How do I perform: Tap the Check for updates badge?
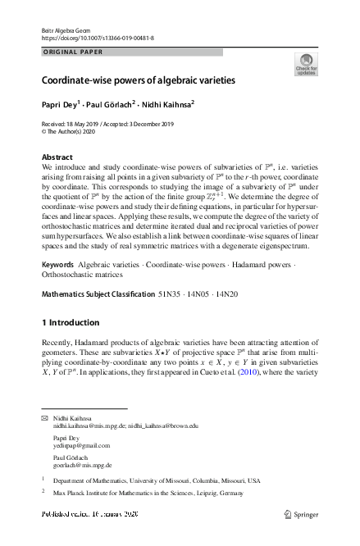click(305, 65)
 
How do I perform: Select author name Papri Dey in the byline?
click(59, 104)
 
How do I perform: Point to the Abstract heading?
click(58, 156)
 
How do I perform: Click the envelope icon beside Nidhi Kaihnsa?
click(44, 418)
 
